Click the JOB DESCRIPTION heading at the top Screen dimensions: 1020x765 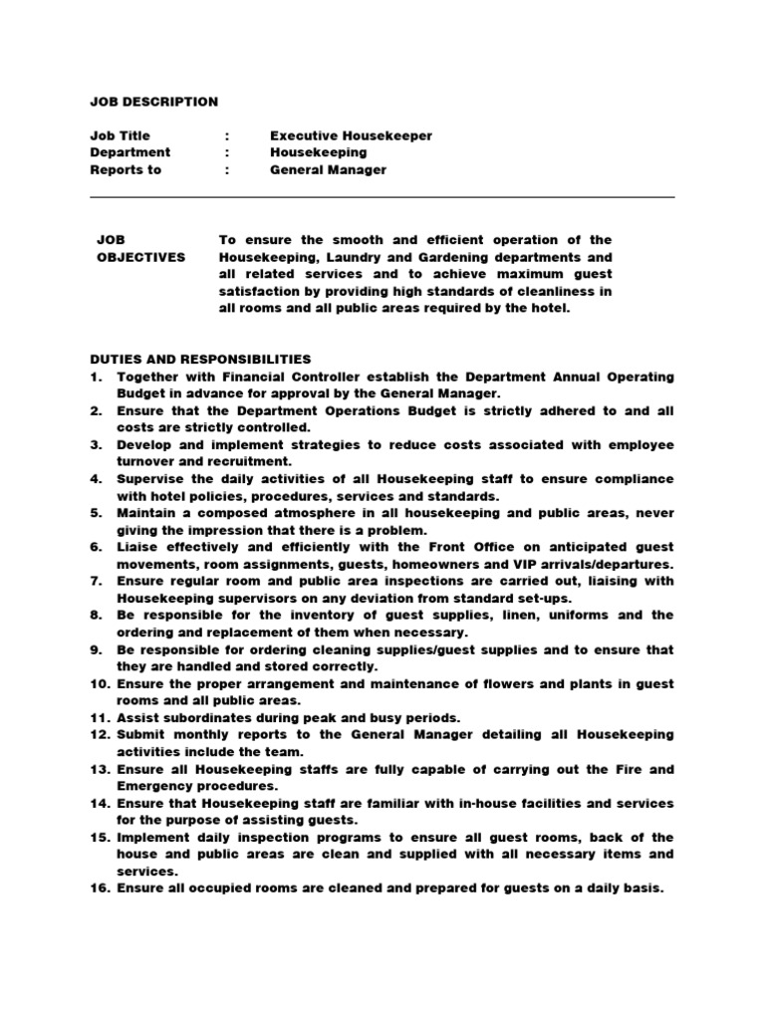coord(153,102)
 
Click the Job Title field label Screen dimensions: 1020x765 coord(120,135)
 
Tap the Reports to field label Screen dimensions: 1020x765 coord(126,169)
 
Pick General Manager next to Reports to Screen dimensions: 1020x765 coord(328,169)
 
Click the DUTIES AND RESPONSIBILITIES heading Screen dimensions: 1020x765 coord(200,359)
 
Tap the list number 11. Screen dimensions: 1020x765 coord(99,718)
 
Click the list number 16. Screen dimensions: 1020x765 coord(99,889)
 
